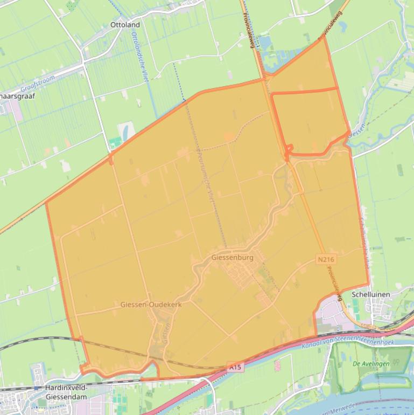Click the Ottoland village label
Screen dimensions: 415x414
pos(125,25)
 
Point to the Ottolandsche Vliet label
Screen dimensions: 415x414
pos(139,57)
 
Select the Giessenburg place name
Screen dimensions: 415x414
pos(231,258)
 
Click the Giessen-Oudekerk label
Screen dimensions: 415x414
pos(151,305)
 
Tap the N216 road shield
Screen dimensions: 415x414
pos(326,259)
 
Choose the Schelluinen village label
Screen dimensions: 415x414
pos(370,295)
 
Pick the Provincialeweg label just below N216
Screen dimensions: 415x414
pos(334,282)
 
